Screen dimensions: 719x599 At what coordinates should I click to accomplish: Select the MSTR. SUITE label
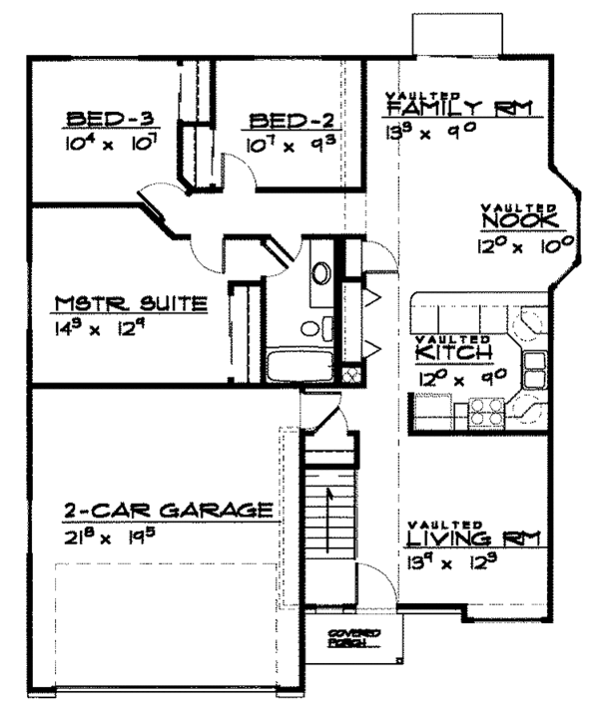131,303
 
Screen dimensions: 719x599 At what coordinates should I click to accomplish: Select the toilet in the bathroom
312,327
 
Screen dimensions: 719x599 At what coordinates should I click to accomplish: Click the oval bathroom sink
321,271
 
